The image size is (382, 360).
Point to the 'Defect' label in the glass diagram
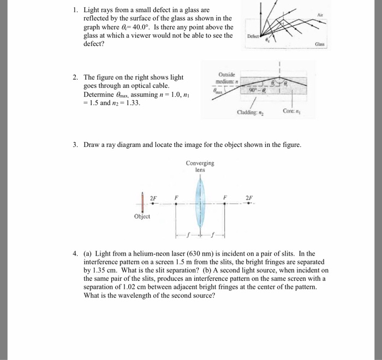click(x=254, y=37)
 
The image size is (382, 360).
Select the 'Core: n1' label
click(x=291, y=111)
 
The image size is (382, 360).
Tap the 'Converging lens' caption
click(x=200, y=166)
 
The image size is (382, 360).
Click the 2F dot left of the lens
click(x=153, y=204)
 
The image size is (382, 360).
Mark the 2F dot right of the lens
click(x=249, y=204)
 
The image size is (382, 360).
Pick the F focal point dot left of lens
click(x=176, y=204)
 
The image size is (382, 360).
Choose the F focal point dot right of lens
click(x=224, y=204)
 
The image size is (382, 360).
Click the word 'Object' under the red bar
click(x=143, y=216)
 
